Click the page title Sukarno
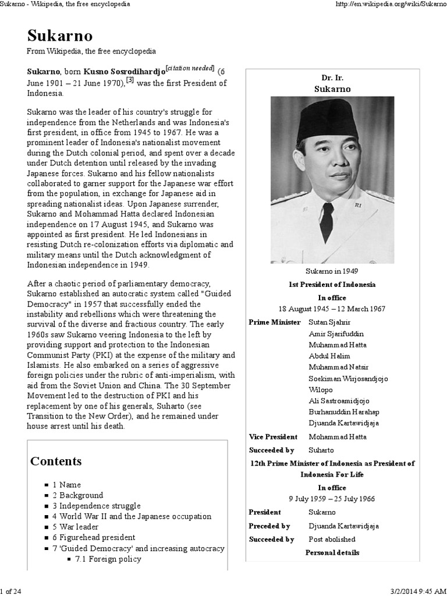pos(59,36)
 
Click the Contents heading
pos(56,462)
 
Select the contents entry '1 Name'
pos(66,484)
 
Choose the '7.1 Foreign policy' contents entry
pos(108,559)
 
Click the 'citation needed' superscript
pos(190,68)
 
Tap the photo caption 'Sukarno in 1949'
pos(332,271)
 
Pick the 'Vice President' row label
pos(273,437)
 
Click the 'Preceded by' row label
pos(269,526)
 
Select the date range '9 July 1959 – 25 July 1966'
pos(332,499)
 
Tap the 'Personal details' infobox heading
pos(332,552)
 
